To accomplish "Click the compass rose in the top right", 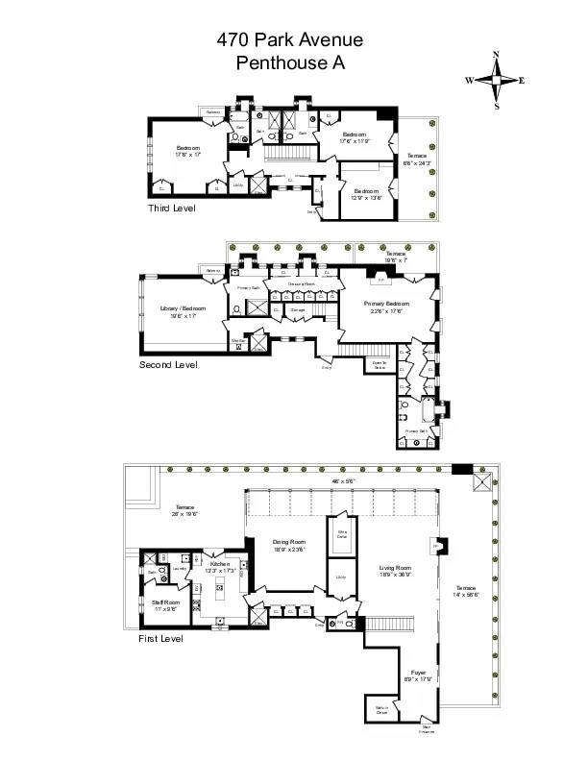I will [496, 80].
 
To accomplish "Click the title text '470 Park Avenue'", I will [289, 40].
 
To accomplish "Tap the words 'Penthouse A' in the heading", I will [289, 63].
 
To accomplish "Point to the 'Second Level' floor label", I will [168, 365].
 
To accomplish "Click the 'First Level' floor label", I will [160, 637].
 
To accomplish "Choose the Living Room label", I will [396, 570].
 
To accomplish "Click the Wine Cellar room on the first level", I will [340, 534].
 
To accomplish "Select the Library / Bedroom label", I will [178, 309].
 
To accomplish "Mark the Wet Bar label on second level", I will [239, 340].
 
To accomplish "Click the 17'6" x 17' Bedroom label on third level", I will [187, 150].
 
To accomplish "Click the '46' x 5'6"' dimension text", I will [343, 480].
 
